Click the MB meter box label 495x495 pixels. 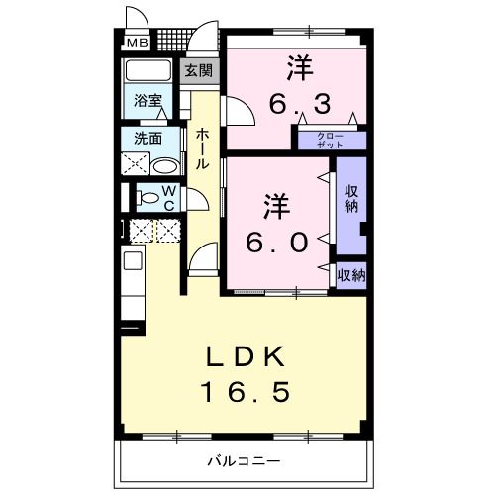point(136,43)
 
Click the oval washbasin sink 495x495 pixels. point(166,164)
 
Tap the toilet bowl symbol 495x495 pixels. point(148,197)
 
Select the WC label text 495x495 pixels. point(168,196)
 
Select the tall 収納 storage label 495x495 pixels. point(351,198)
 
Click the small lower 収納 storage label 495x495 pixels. point(350,275)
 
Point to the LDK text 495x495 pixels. point(247,357)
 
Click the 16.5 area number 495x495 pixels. point(247,393)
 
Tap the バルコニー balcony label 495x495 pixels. point(244,461)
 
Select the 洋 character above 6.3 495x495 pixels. point(300,67)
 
